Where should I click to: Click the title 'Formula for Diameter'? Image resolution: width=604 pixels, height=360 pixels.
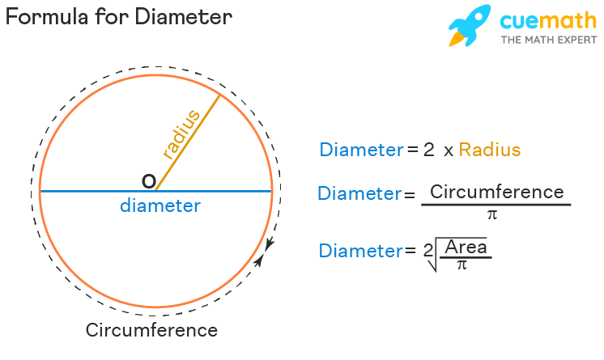click(119, 17)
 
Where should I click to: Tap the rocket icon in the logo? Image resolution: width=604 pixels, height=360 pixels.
click(469, 25)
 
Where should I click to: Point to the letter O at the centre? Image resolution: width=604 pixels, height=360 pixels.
click(149, 181)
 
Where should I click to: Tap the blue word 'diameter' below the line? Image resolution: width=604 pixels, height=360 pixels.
click(160, 206)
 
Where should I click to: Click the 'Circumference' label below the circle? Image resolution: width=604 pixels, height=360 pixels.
click(151, 330)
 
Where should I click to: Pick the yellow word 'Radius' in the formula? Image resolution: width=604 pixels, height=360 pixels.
click(490, 150)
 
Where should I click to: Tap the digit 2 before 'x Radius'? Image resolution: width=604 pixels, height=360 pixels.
click(428, 150)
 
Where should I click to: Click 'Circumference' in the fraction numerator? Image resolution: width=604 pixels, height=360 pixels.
click(496, 193)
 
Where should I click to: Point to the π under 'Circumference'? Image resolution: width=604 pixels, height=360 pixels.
click(491, 214)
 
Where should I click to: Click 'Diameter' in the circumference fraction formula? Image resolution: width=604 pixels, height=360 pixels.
click(359, 194)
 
